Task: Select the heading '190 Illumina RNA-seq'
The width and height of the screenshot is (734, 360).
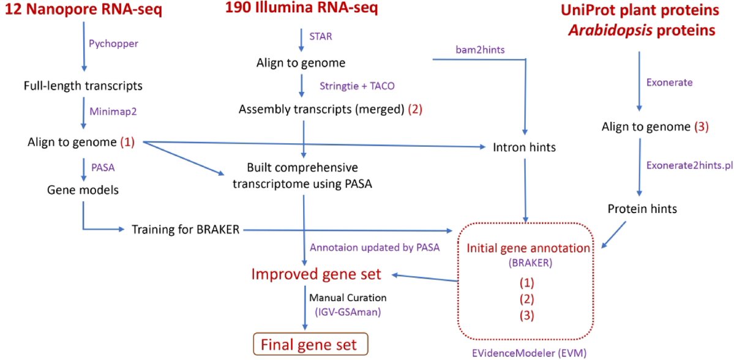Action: pos(301,9)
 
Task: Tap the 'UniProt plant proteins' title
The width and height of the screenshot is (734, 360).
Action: pos(639,10)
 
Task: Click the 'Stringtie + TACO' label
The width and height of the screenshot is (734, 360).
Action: pos(353,86)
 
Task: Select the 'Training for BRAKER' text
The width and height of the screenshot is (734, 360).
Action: pos(186,230)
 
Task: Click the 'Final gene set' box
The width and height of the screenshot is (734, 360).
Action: pos(310,343)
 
